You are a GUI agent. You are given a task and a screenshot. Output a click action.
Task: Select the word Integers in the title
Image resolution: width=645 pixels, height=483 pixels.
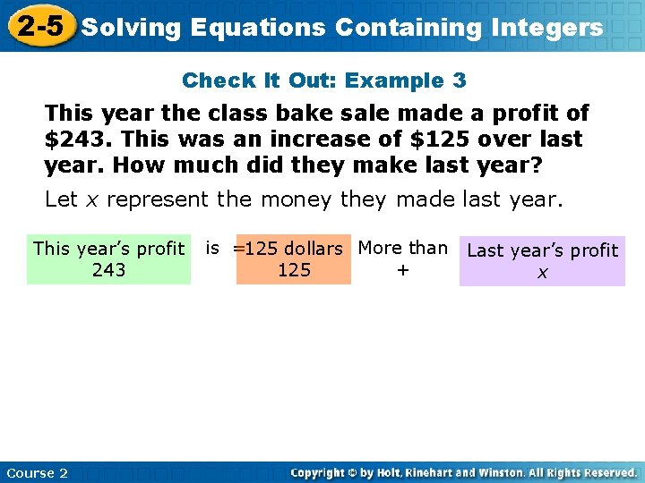click(x=547, y=28)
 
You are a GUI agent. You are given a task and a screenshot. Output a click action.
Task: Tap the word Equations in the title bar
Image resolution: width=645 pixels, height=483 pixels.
click(x=259, y=28)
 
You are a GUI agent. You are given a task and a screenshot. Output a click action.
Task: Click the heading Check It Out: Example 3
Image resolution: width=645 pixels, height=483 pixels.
click(x=323, y=80)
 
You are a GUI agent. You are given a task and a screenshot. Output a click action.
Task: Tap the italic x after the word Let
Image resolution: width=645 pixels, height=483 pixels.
click(x=91, y=199)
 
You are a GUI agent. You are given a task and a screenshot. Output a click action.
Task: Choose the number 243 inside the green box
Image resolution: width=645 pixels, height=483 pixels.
click(x=108, y=270)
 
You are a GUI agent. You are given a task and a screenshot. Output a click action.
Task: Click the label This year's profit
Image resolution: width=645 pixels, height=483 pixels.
click(x=108, y=248)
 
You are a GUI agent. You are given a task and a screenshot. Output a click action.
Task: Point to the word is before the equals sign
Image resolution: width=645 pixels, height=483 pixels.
click(x=212, y=248)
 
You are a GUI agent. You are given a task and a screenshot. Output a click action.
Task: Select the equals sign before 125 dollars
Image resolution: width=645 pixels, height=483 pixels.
click(x=237, y=248)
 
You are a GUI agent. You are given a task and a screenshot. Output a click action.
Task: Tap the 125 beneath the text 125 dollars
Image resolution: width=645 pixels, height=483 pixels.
click(x=294, y=270)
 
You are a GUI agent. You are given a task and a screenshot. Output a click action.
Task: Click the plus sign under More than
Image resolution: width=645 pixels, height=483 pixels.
click(x=403, y=270)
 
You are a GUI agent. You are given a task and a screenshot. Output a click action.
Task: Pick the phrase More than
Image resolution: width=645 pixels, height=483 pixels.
click(x=403, y=248)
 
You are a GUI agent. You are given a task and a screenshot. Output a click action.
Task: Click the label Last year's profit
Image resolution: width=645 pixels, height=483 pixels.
click(x=542, y=250)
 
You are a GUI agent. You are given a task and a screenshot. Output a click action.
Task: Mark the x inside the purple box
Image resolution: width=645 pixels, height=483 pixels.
click(x=542, y=273)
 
